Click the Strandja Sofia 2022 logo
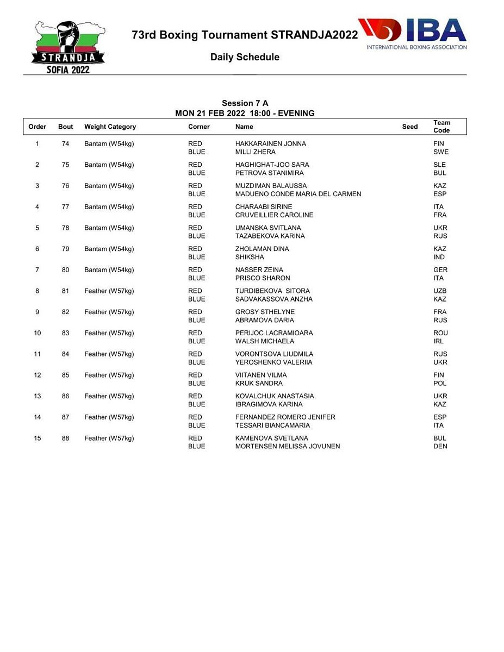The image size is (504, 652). tap(69, 47)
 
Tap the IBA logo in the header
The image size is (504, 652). tap(413, 34)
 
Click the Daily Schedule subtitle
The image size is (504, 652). tap(245, 57)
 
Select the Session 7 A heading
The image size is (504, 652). tap(245, 103)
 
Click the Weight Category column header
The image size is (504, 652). tap(110, 127)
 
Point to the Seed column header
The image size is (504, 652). tap(410, 127)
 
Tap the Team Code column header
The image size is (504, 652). tap(441, 127)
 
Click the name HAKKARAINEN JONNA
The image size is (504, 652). tap(270, 144)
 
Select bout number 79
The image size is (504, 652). tap(65, 249)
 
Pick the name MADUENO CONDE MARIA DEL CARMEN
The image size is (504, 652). tap(298, 194)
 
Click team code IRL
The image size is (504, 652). tap(438, 341)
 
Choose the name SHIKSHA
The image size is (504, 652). tap(250, 257)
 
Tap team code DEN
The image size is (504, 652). tap(440, 446)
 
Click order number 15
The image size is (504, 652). tap(37, 438)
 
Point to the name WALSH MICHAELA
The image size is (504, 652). tap(264, 341)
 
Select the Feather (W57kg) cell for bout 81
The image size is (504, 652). tap(109, 291)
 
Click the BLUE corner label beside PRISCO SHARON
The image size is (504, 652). tap(196, 278)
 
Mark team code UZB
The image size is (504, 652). tap(440, 291)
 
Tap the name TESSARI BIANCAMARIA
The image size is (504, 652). tap(272, 425)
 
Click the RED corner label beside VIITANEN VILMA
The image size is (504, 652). tap(195, 375)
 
